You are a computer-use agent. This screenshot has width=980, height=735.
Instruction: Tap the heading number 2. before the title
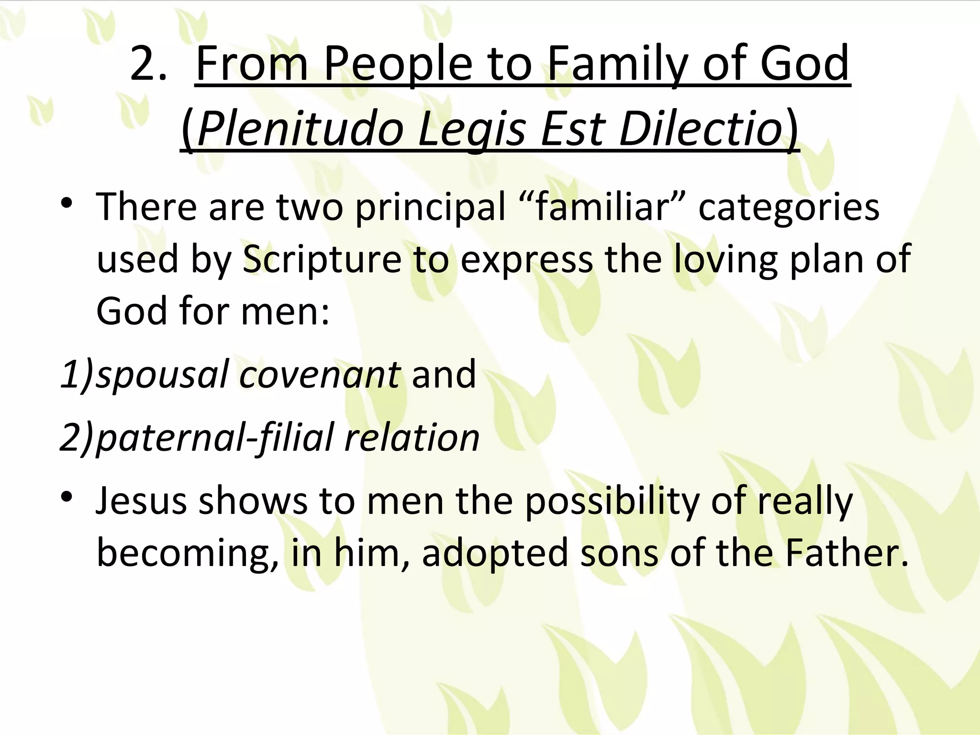tap(149, 65)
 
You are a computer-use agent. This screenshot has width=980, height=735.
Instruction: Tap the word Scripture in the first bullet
tap(322, 259)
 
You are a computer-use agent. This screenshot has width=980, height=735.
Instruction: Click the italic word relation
tap(412, 437)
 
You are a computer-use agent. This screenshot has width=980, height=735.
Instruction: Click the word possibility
tap(612, 501)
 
